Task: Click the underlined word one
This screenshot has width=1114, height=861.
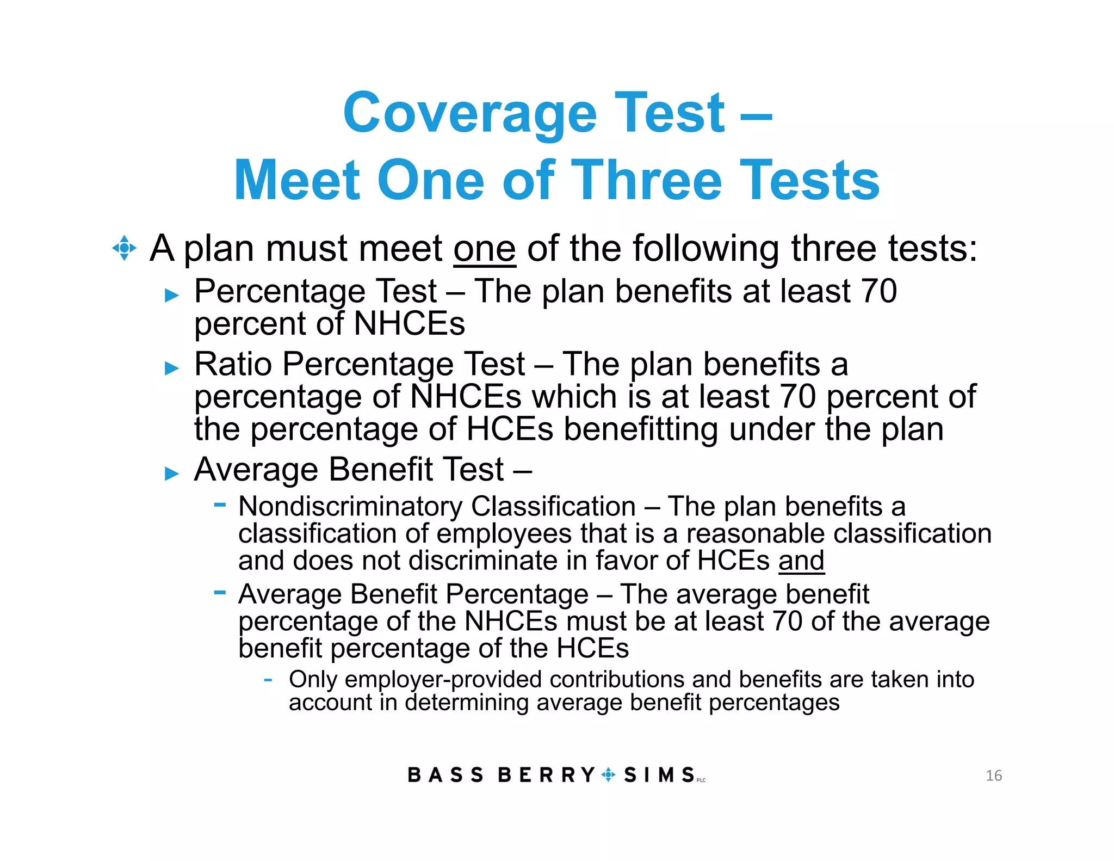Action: click(484, 249)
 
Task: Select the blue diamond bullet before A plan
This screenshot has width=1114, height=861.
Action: click(124, 248)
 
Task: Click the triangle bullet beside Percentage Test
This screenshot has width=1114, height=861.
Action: click(172, 296)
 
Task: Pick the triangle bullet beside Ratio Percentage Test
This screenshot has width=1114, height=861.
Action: click(172, 368)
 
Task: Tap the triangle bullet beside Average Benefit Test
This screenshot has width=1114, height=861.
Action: click(172, 473)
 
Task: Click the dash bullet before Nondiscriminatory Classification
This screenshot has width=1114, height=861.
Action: click(220, 505)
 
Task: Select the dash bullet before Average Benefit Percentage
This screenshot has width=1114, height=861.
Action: click(220, 592)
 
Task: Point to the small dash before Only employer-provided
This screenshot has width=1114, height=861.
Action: click(268, 680)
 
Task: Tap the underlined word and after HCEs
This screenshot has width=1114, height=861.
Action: click(801, 561)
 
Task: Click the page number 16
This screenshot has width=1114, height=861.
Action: click(993, 776)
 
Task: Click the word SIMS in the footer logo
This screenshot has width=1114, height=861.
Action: click(659, 775)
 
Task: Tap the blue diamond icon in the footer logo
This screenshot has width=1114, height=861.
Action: click(609, 774)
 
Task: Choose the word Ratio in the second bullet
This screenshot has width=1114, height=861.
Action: click(233, 364)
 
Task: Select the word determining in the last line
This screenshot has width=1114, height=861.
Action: click(467, 703)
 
